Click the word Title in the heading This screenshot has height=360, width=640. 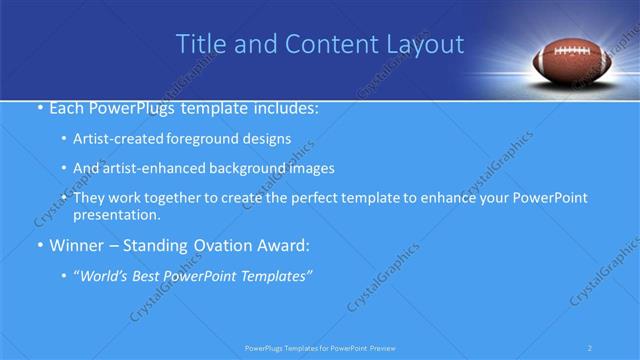point(199,44)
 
